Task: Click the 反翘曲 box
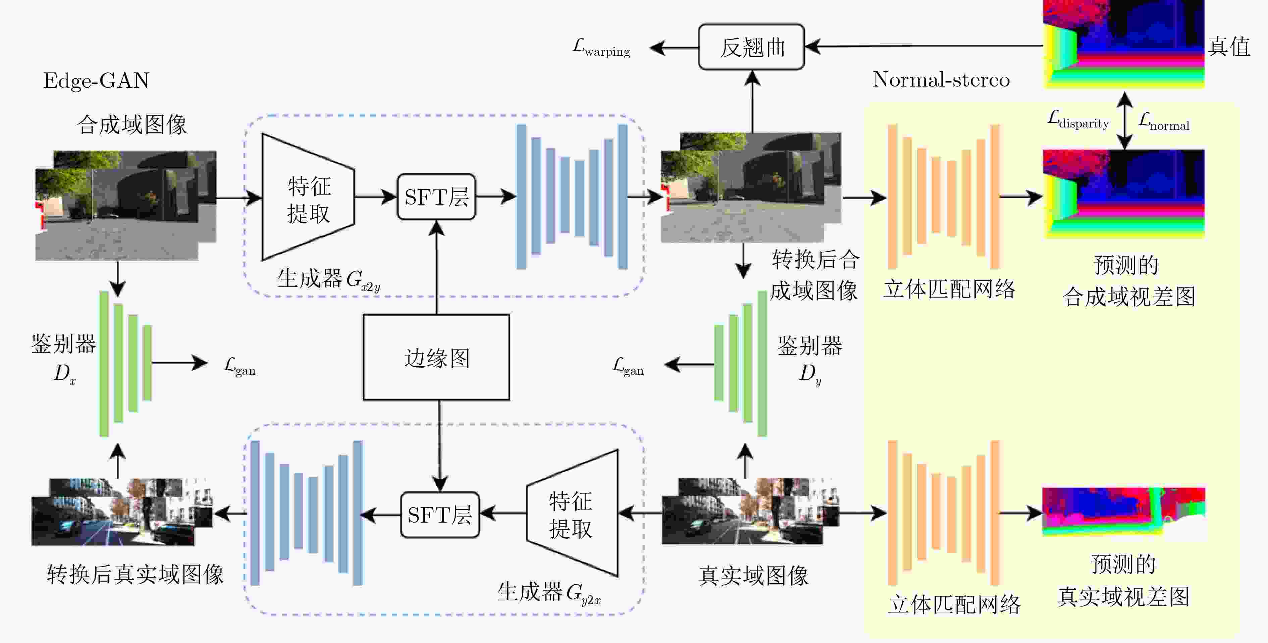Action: (x=751, y=47)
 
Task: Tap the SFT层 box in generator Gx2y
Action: (x=436, y=197)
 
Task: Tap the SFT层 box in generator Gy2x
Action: (x=439, y=515)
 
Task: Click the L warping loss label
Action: (x=601, y=48)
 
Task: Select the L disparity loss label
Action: (x=1078, y=120)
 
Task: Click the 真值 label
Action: (x=1229, y=47)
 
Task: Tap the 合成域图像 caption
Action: (x=131, y=124)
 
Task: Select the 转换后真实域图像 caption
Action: (x=136, y=575)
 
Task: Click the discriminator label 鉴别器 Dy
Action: (x=810, y=360)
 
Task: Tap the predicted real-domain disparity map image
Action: (x=1124, y=514)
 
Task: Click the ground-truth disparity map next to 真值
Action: (x=1124, y=44)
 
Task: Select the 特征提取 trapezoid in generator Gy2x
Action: (x=572, y=513)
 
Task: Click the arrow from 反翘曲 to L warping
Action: (x=674, y=48)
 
